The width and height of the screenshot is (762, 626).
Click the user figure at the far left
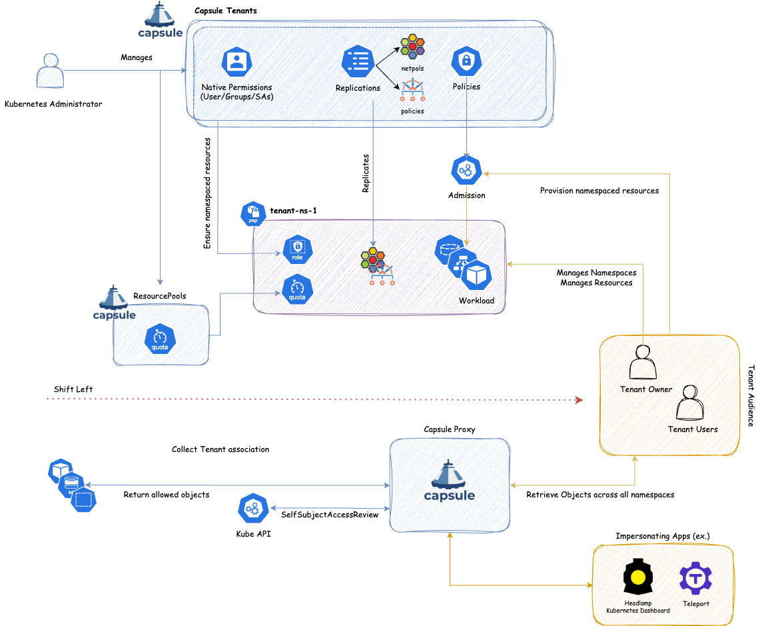[50, 71]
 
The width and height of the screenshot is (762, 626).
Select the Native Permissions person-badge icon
[236, 62]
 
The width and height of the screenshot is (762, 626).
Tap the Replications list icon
[358, 62]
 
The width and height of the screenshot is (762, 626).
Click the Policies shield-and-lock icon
[466, 62]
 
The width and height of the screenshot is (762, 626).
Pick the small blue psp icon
[253, 214]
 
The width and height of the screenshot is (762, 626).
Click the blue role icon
[297, 250]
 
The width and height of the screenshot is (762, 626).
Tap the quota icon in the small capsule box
[160, 339]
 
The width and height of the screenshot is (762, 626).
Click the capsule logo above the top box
[161, 20]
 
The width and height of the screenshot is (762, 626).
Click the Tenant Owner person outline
[643, 363]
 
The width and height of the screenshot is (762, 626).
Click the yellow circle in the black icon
[638, 577]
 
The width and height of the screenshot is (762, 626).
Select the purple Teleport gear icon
[695, 578]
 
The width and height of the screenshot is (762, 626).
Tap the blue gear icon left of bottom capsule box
[253, 509]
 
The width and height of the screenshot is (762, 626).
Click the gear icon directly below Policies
[466, 170]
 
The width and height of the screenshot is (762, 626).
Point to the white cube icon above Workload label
[476, 275]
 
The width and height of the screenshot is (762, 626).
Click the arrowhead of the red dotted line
[579, 400]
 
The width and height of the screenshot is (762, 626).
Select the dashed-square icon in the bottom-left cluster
[83, 499]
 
